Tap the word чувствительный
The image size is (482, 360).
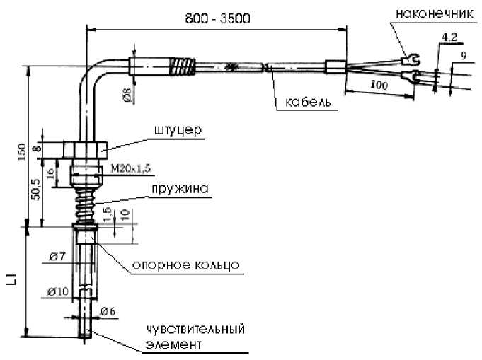[x=196, y=330]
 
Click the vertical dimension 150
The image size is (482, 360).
[x=22, y=151]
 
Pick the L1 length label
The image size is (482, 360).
[x=11, y=281]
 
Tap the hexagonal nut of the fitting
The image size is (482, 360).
[x=84, y=149]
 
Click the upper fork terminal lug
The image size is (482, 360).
[x=408, y=57]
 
